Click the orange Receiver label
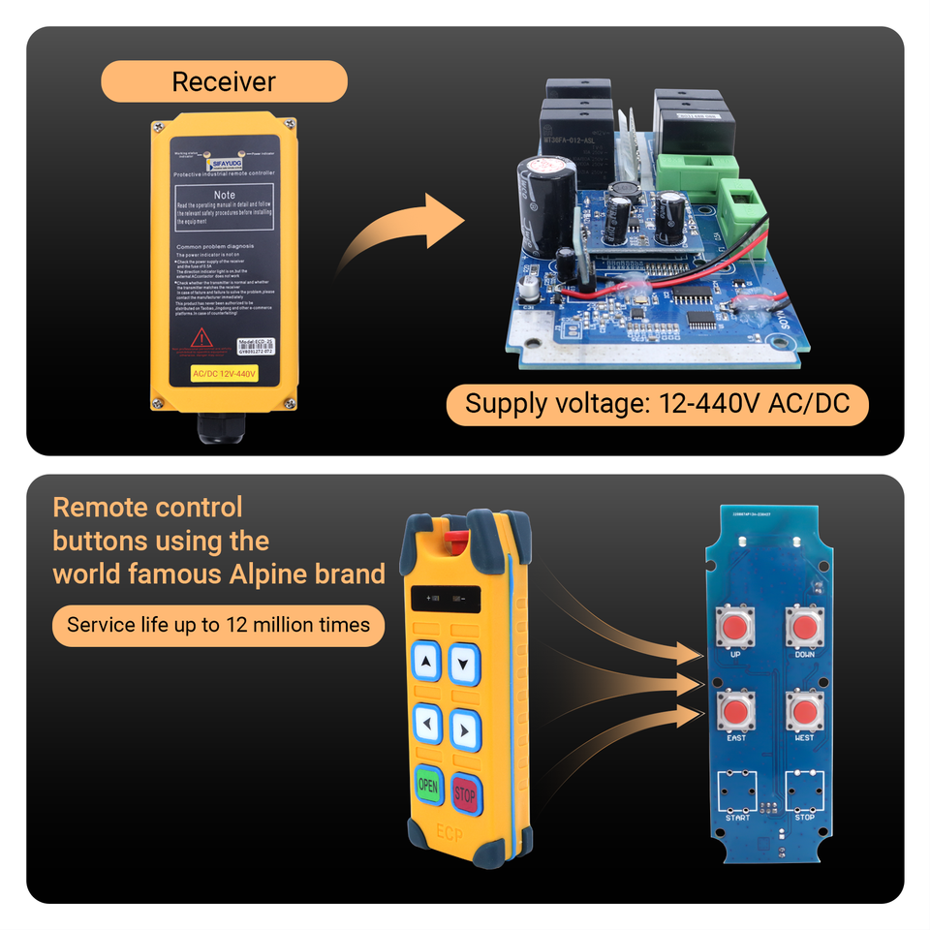pos(224,81)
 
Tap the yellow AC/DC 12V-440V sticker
pos(224,374)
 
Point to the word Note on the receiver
pos(224,195)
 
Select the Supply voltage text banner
pos(657,403)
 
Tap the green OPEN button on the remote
pos(427,787)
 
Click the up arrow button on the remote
pos(427,663)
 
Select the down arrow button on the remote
pos(466,664)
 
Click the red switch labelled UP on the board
pos(735,628)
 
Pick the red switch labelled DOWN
pos(804,628)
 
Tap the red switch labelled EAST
pos(736,712)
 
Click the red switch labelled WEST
pos(804,712)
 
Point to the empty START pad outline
pos(736,790)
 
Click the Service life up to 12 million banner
pos(218,625)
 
